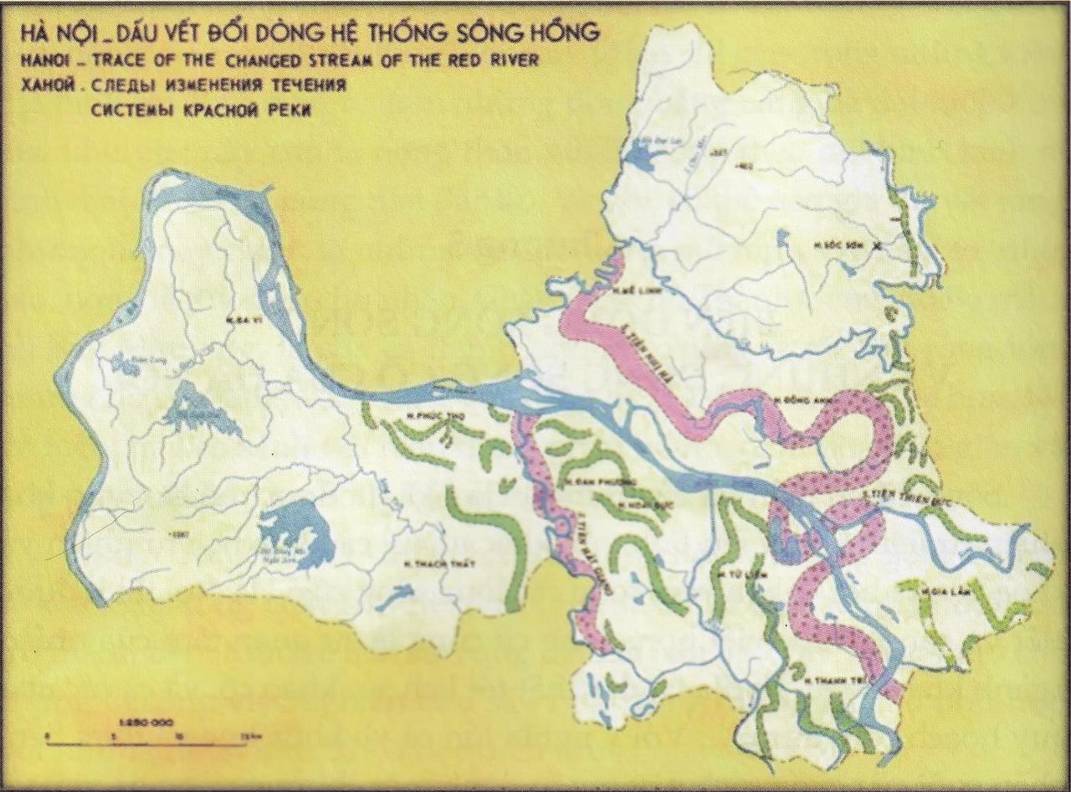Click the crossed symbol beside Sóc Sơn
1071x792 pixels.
(x=877, y=246)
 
